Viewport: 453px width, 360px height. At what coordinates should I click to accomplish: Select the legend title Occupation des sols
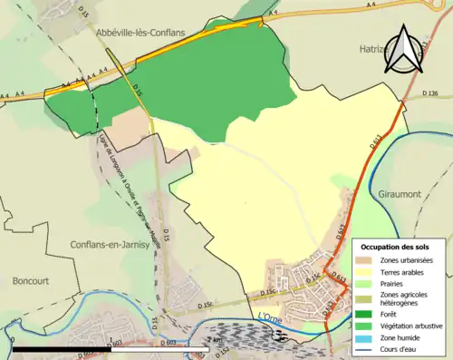click(401, 247)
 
